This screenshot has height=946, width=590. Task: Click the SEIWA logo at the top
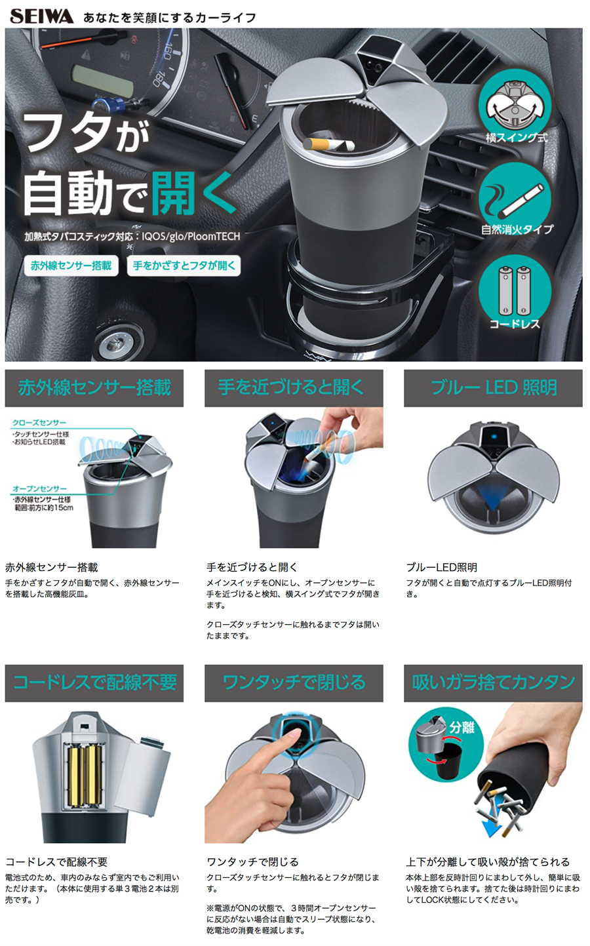coord(41,16)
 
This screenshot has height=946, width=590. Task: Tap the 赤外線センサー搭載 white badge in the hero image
coord(71,266)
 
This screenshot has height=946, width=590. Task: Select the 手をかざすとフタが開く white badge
coord(184,266)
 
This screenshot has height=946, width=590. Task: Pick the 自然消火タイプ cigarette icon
coord(515,197)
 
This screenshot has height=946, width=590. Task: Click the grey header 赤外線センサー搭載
coord(94,388)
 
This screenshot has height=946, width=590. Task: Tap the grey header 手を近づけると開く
coord(293,388)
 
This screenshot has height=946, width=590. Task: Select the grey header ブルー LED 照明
coord(493,388)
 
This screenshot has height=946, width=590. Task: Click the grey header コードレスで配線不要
coord(94,683)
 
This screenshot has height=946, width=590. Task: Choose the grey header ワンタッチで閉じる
coord(293,683)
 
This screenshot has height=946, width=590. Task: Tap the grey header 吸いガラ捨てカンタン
coord(493,683)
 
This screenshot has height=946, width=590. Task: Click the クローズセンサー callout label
coord(39,423)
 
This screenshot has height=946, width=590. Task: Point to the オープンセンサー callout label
coord(39,489)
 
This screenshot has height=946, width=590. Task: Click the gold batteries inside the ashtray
coord(86,776)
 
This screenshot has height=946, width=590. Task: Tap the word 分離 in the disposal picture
coord(462,727)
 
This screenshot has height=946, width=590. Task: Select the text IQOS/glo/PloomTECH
coord(191,237)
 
